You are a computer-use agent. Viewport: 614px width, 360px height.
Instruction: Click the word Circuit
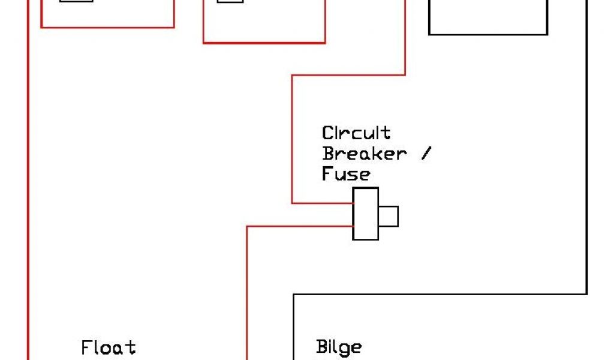pos(356,133)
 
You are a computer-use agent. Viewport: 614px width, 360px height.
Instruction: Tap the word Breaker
pos(364,153)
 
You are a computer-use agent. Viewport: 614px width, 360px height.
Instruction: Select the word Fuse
pos(346,174)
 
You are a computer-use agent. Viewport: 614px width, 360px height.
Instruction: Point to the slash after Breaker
pos(425,153)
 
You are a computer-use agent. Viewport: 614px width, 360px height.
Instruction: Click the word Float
pos(109,347)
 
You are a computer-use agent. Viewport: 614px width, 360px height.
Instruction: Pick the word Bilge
pos(339,347)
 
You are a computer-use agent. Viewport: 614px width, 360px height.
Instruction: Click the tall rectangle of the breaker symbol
pos(365,214)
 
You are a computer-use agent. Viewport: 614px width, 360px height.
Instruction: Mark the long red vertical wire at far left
pos(28,180)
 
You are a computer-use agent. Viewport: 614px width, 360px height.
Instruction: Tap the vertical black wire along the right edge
pos(586,150)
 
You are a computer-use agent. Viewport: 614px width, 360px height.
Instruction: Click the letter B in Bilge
pos(321,347)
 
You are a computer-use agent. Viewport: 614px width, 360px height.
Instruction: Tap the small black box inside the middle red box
pos(230,1)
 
